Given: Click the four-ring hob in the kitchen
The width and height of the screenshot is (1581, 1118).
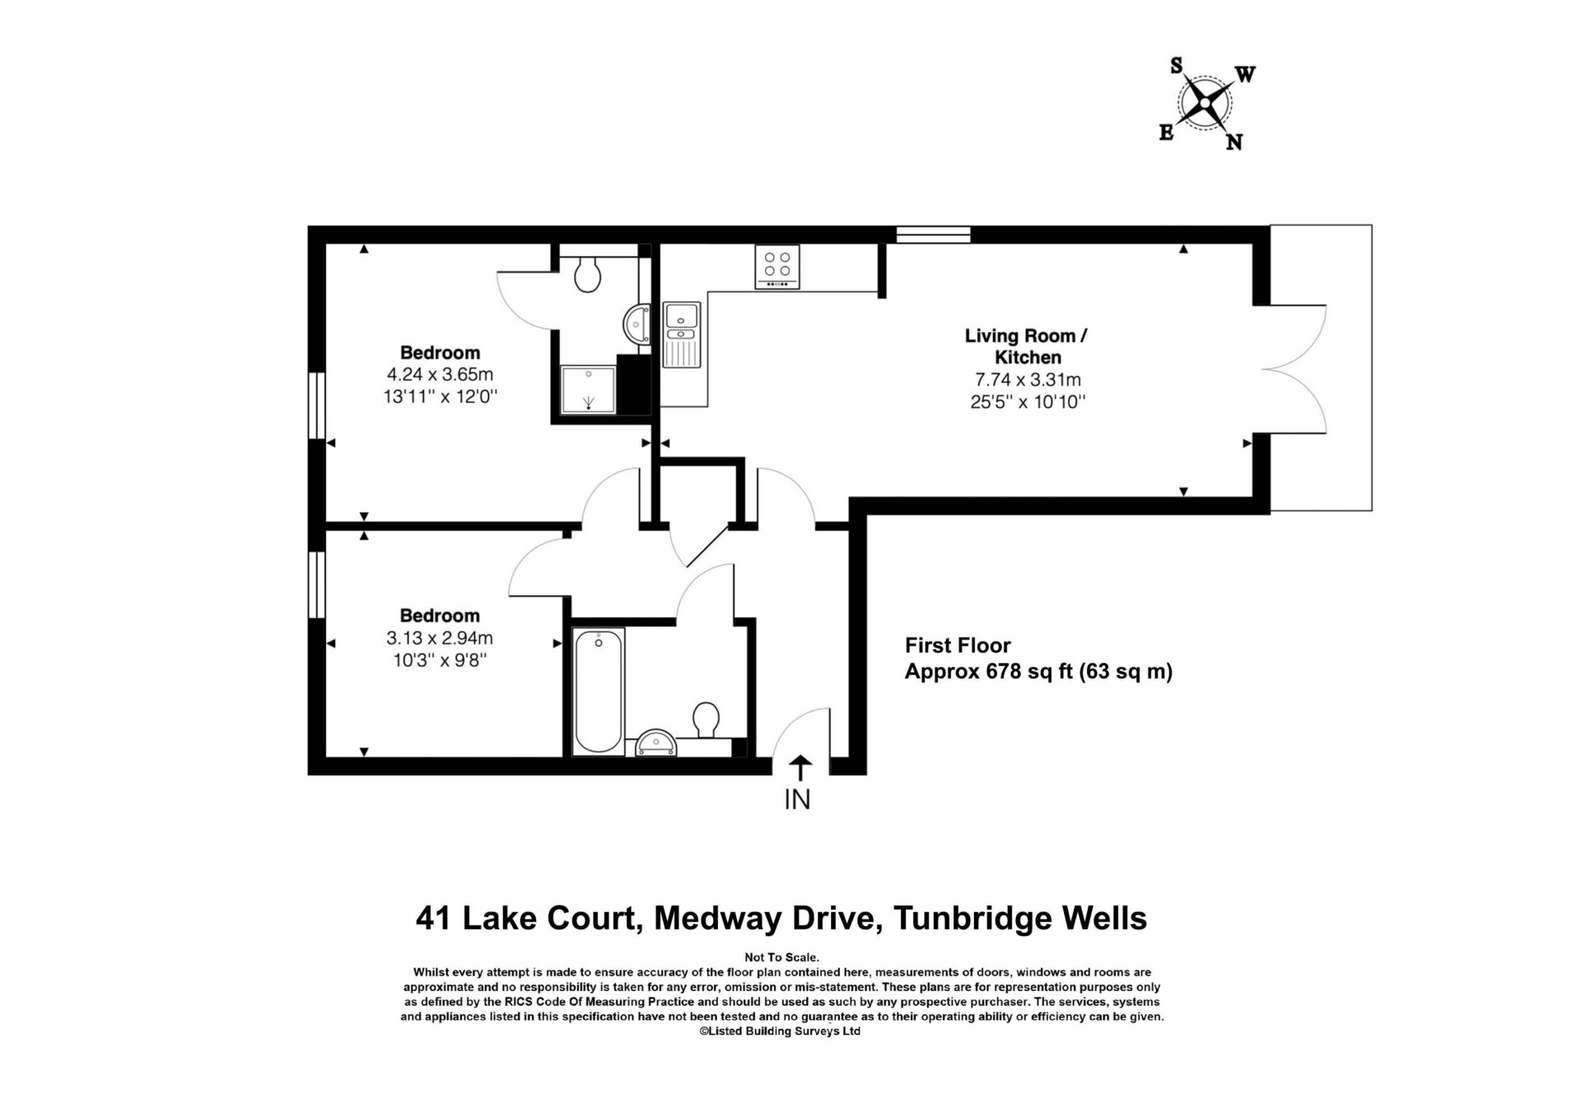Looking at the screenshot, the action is coord(777,267).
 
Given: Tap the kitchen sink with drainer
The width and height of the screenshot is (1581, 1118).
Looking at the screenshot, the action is coord(682,334).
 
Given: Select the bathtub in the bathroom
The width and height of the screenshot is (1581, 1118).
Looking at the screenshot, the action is coord(599,691).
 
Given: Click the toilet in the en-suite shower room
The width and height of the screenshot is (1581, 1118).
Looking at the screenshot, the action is coord(586,274).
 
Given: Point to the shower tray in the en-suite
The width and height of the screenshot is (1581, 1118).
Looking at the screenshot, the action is coord(588,388).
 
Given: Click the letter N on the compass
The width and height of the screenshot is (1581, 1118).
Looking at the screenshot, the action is coord(1234,143).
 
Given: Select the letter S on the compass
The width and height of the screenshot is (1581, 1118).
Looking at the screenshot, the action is coord(1178,66).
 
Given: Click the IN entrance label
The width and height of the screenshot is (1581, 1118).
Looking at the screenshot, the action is coord(797,799).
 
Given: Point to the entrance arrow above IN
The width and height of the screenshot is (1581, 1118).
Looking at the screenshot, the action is coord(800,769).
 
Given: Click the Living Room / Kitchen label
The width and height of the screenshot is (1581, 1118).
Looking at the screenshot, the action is coord(1027,346).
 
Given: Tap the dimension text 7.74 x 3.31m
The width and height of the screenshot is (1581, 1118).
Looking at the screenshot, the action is coord(1027,380).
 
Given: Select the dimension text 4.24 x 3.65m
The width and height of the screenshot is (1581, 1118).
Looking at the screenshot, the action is coord(440,375).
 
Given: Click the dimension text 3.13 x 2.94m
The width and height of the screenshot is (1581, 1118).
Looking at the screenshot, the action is coord(440,638).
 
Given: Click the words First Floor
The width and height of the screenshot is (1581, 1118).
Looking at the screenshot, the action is coord(958,645).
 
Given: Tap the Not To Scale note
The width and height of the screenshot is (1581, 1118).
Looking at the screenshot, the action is coord(781,957).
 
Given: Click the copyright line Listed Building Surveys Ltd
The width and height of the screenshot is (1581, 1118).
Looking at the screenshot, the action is coord(780,1031).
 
